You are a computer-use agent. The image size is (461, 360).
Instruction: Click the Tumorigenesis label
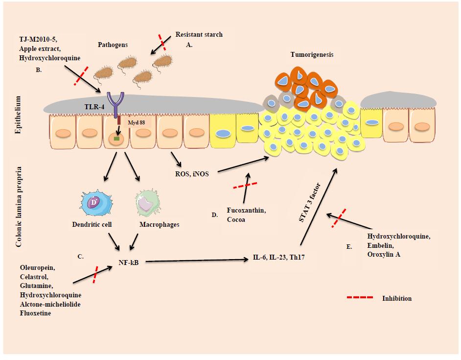(x=311, y=55)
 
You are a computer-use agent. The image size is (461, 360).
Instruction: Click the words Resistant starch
(x=199, y=34)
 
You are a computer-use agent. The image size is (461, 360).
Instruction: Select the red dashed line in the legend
(x=360, y=298)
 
